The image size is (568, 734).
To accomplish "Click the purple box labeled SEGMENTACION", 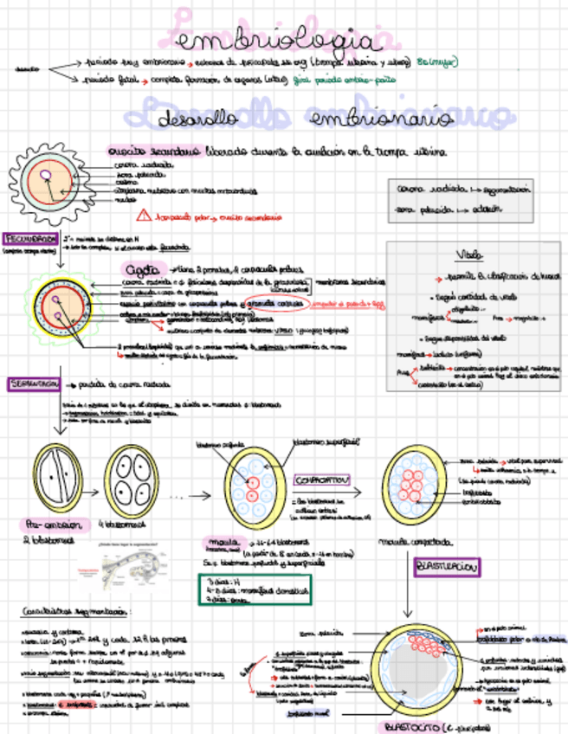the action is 34,383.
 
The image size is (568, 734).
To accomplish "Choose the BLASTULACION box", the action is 448,567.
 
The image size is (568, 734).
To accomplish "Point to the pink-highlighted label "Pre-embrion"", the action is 48,525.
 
